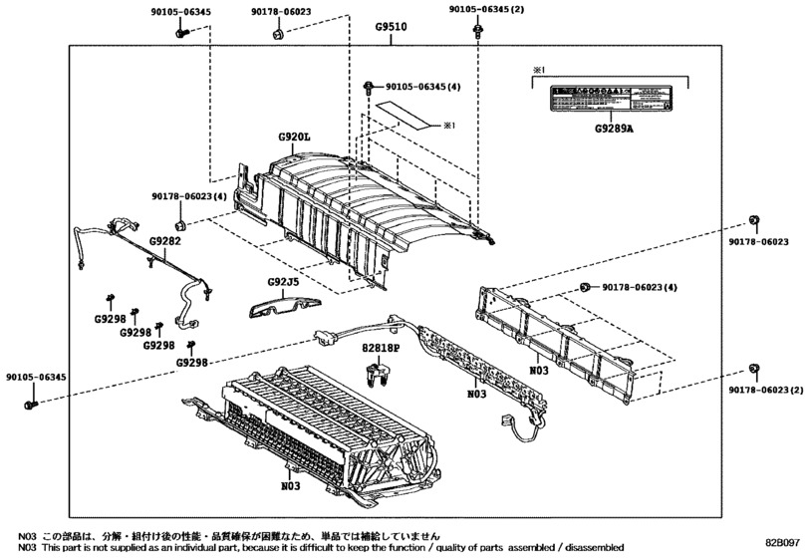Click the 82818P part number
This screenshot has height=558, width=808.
380,348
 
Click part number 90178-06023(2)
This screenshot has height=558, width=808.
766,389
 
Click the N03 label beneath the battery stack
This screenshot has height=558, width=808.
290,487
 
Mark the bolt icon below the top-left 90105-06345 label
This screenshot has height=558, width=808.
180,32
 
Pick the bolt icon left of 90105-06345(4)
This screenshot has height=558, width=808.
370,87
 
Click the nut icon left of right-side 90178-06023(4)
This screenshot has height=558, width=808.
585,288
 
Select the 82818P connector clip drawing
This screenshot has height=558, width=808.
377,376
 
